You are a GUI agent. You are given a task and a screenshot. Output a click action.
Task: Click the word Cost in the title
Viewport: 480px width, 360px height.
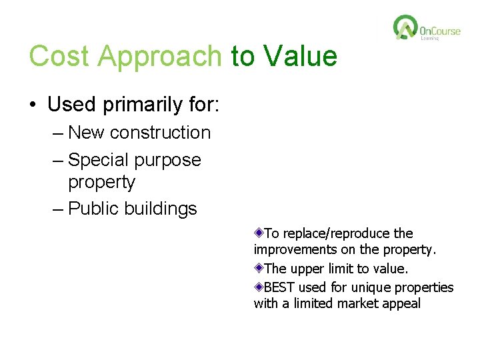[60, 56]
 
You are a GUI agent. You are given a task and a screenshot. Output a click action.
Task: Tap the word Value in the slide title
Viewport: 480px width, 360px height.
[300, 56]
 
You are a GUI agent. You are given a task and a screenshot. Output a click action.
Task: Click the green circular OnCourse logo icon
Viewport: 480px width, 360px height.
[405, 28]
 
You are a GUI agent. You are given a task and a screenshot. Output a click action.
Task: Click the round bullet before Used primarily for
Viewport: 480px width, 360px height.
[33, 105]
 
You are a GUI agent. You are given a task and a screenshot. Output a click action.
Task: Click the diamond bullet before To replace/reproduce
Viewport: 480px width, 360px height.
[259, 233]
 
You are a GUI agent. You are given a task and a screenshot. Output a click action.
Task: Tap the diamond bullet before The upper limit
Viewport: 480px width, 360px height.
[259, 269]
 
